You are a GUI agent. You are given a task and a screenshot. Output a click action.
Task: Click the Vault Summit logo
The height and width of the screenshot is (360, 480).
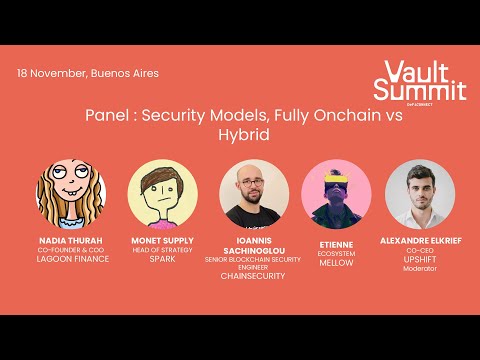[412, 81]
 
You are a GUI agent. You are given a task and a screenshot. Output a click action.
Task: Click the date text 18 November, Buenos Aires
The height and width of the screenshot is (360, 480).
[88, 73]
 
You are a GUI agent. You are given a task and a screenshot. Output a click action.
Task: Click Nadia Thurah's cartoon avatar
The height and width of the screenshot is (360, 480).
[71, 194]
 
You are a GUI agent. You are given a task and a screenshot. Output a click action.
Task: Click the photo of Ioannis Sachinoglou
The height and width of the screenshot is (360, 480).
[254, 194]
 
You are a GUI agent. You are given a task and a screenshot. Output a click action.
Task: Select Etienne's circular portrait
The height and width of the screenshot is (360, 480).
[336, 194]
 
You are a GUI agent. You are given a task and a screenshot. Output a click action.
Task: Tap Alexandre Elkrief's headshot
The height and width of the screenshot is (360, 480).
[420, 194]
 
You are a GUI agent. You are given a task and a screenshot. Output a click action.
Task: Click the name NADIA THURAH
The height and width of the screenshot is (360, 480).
[71, 241]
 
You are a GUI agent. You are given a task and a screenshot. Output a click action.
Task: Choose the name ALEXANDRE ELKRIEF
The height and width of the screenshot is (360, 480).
[421, 241]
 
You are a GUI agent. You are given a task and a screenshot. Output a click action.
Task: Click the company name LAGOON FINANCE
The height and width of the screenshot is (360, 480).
[71, 259]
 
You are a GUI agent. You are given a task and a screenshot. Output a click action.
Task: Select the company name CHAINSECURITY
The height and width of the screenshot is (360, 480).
[254, 276]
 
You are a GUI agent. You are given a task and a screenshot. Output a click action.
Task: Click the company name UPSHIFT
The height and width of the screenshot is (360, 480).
[421, 259]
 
